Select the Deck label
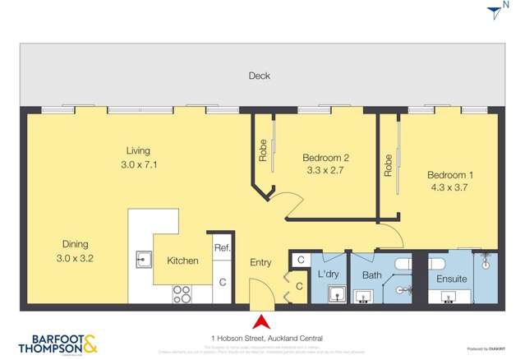click(260, 76)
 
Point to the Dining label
click(75, 244)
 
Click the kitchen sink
click(144, 260)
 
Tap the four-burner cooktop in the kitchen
click(182, 293)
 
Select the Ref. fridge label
click(222, 247)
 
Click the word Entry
click(260, 262)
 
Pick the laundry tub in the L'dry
click(336, 294)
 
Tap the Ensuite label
click(452, 279)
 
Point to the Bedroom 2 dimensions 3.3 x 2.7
click(326, 172)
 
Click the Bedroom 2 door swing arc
click(285, 204)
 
